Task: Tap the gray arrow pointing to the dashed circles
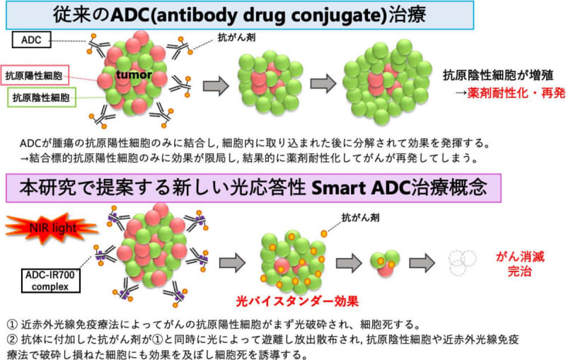coord(427,263)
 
